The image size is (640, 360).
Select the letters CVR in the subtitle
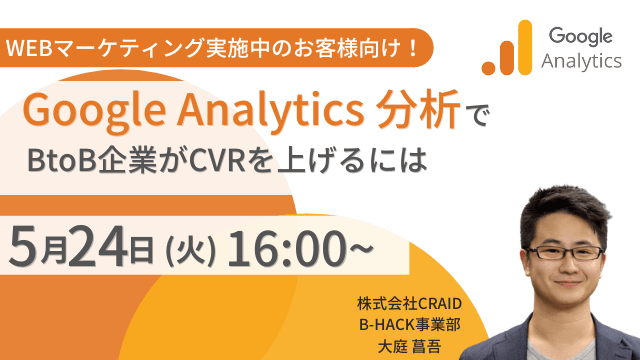[x=217, y=159]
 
